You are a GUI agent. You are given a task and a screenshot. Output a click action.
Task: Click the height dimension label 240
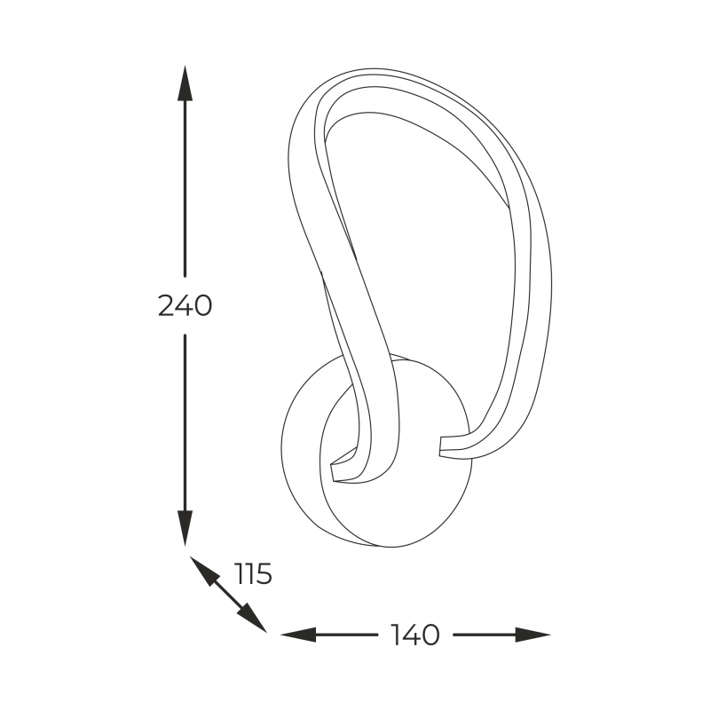tap(185, 305)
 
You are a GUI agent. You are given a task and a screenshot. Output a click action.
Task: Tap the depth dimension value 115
tap(254, 573)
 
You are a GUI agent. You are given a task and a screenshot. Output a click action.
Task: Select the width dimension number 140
tap(414, 635)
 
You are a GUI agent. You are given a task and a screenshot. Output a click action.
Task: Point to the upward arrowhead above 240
tap(185, 83)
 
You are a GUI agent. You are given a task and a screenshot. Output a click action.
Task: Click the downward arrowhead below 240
tap(185, 528)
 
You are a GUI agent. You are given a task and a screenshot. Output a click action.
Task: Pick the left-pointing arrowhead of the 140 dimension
tap(298, 635)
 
